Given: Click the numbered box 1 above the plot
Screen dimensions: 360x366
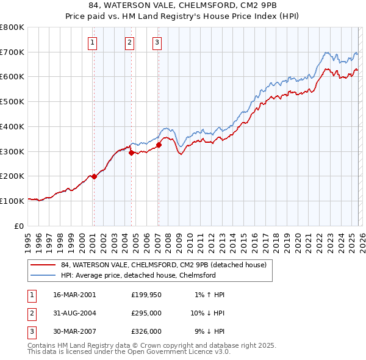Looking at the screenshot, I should point(93,42).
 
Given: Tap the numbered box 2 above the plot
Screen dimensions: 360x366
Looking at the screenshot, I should point(130,42).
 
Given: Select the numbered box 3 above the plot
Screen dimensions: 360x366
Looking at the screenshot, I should point(157,42).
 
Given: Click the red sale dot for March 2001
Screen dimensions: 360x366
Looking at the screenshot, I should point(94,176).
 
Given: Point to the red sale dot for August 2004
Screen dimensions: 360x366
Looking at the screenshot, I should point(132,153).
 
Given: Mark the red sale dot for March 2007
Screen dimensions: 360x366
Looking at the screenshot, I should point(159,145).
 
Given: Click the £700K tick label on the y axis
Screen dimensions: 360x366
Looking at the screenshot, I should point(12,52).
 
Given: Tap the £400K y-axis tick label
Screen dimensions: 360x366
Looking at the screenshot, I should point(12,127).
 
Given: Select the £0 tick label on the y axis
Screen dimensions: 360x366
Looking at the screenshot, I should point(18,226).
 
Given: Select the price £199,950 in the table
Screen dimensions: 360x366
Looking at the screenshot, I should point(146,295).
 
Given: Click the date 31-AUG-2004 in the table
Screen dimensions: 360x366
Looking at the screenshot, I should point(75,313).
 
